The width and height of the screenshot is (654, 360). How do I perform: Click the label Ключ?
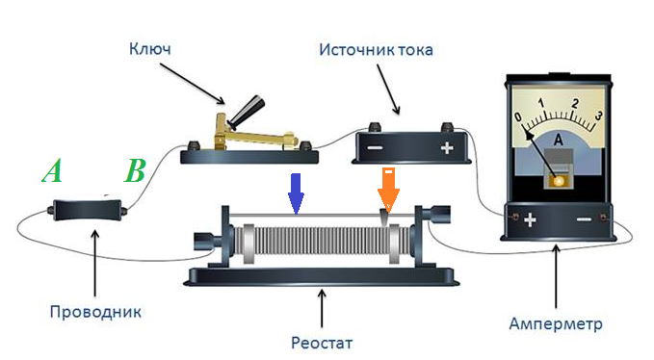point(150,49)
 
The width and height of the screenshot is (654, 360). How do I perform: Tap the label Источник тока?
point(376,50)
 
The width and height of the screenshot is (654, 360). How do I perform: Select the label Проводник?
point(95,312)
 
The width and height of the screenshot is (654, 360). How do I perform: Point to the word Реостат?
point(322,343)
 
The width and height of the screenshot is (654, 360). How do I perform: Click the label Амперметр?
point(556,323)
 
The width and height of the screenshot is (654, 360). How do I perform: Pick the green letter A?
point(53,170)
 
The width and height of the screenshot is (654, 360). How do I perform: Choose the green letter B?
point(135,170)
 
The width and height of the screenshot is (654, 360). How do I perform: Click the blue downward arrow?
point(296,193)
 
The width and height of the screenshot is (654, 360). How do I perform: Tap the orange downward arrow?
point(388,190)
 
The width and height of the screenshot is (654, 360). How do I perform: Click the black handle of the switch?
point(246,111)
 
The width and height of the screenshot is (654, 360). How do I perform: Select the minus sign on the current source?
point(374,148)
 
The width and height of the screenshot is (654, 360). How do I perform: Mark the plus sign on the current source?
point(447,148)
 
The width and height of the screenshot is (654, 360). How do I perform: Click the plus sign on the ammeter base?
point(530,219)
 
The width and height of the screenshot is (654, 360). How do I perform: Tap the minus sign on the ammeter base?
point(584,219)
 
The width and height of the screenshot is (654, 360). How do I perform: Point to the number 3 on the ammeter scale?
point(598,116)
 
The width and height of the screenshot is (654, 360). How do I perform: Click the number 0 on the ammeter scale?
point(518,116)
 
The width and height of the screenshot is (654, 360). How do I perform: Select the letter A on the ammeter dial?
point(558,141)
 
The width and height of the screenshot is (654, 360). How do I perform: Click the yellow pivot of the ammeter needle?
point(558,181)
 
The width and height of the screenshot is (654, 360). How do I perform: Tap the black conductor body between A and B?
point(88,211)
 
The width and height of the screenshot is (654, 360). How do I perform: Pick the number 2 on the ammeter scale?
point(576,103)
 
